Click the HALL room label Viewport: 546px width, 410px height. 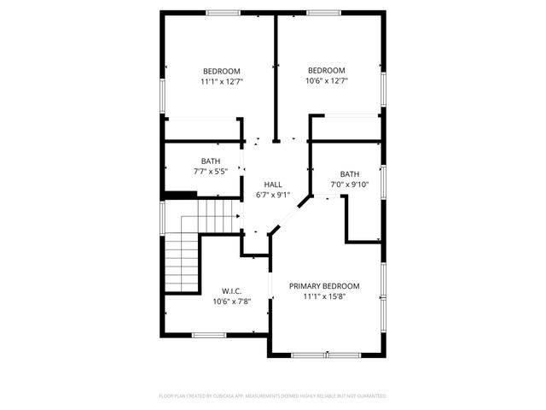coord(273,184)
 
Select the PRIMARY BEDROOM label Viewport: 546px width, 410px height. coord(324,286)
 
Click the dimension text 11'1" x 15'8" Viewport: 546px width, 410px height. coord(324,297)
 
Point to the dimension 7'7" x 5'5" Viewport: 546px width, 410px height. coord(211,172)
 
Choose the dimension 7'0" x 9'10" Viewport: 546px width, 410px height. coord(350,184)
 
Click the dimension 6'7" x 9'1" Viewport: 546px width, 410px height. coord(273,195)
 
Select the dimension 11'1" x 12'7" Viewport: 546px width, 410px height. coord(221,82)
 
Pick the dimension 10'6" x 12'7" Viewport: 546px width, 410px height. coord(327,81)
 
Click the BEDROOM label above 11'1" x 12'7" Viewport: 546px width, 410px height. coord(221,71)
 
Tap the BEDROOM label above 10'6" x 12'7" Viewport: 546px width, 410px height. coord(327,70)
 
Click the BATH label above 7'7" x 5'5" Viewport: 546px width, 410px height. coord(211,161)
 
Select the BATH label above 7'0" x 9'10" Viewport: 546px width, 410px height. coord(350,174)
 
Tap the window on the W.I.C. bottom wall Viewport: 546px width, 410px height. coord(207,334)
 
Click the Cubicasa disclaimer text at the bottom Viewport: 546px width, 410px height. coord(273,396)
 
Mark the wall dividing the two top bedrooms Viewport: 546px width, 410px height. coord(275,77)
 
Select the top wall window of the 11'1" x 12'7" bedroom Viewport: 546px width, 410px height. coord(223,12)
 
